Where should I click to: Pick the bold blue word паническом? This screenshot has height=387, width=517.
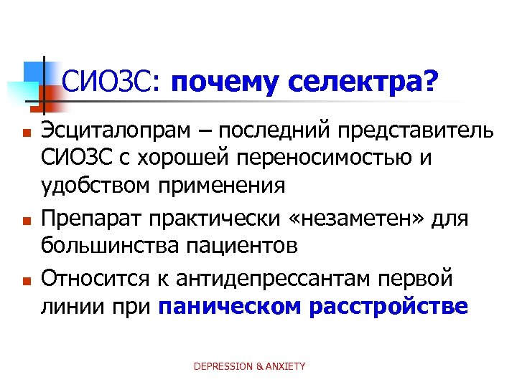pos(229,306)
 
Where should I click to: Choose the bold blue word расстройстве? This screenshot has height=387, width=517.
pos(388,306)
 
